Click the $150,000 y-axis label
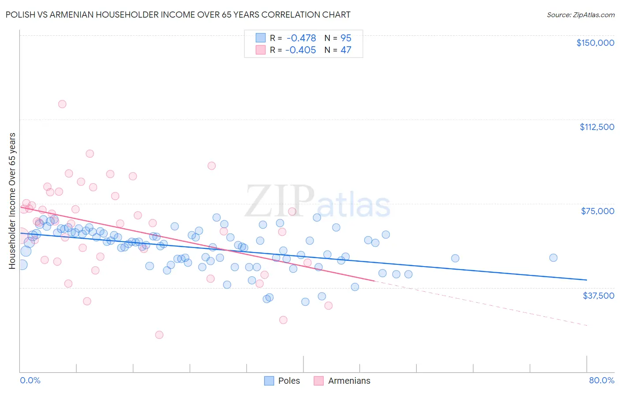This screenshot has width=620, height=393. [595, 43]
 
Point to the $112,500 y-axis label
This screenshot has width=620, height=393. [597, 127]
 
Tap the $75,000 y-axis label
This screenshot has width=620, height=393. [597, 211]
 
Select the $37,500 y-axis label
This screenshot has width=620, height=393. [598, 296]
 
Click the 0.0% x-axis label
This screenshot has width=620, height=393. [30, 380]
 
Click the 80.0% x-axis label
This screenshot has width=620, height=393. [601, 380]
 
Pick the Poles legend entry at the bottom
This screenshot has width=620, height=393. [289, 381]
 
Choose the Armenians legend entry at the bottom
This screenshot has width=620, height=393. [349, 381]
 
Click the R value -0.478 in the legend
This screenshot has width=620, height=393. [301, 38]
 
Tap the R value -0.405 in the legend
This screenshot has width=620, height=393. [301, 50]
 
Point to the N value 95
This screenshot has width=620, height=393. [346, 38]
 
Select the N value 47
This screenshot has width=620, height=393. [346, 50]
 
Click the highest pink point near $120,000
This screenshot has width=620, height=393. [62, 104]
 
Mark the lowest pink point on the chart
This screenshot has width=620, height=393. [159, 335]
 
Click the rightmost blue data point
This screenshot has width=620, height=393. [553, 258]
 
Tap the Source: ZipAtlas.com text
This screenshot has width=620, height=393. [580, 15]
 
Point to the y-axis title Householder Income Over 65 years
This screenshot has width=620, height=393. [12, 201]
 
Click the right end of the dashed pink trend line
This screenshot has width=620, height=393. [586, 325]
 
